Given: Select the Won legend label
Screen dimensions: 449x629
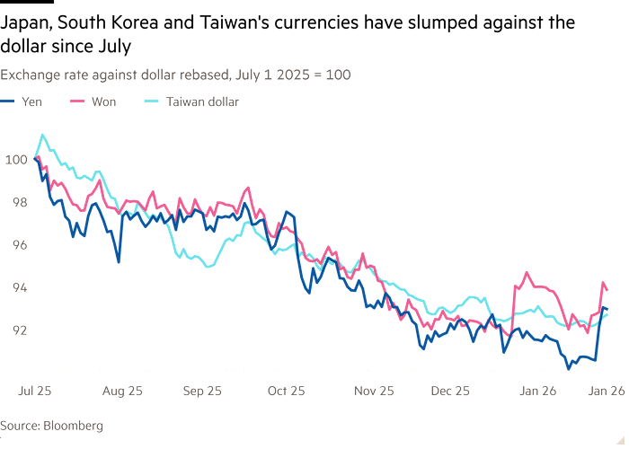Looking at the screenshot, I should pos(102,101).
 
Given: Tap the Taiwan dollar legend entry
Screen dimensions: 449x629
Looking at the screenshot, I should pos(200,101).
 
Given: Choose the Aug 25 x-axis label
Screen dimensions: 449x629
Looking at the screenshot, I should pos(122,392).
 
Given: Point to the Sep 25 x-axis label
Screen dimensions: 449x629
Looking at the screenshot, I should pos(202,392).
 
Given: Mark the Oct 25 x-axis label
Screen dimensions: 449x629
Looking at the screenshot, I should pos(287,392).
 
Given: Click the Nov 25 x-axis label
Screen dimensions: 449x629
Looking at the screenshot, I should pos(371,392).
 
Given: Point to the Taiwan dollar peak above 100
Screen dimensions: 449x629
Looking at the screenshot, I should pos(42,136).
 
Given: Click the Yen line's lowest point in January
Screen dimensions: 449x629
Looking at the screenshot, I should pos(570,367).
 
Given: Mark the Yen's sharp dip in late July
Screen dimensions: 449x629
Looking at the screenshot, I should pos(119,261).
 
